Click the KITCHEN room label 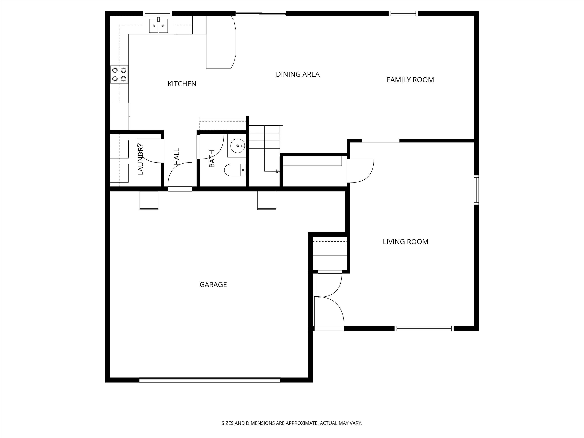pyautogui.click(x=182, y=84)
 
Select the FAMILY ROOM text pyautogui.click(x=410, y=80)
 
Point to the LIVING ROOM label pyautogui.click(x=405, y=242)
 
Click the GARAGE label pyautogui.click(x=213, y=285)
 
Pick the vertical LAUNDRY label pyautogui.click(x=140, y=159)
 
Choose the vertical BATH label pyautogui.click(x=212, y=159)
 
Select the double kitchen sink pyautogui.click(x=158, y=26)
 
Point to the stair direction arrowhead pyautogui.click(x=278, y=172)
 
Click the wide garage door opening pyautogui.click(x=210, y=380)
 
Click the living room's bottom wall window pyautogui.click(x=424, y=328)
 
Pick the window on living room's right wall pyautogui.click(x=476, y=190)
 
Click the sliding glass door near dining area pyautogui.click(x=260, y=14)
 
